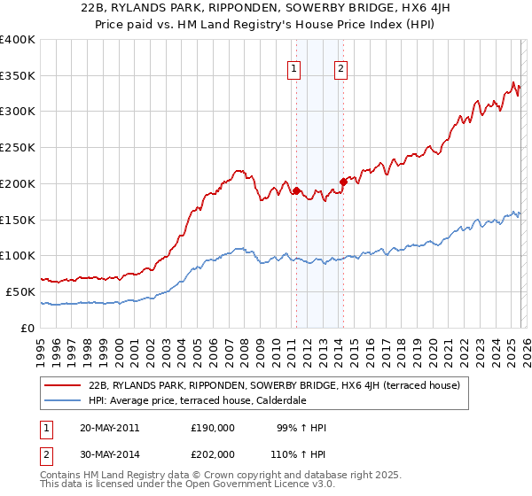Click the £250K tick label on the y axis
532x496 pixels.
pos(18,147)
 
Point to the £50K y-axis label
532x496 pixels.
pos(20,291)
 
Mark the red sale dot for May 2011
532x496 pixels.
pos(296,190)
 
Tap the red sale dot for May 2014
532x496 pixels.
pos(343,182)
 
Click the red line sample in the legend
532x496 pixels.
pos(64,385)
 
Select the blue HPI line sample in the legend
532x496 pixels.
pos(64,399)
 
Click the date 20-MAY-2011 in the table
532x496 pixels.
pos(109,428)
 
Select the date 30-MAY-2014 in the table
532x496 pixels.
pos(109,453)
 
